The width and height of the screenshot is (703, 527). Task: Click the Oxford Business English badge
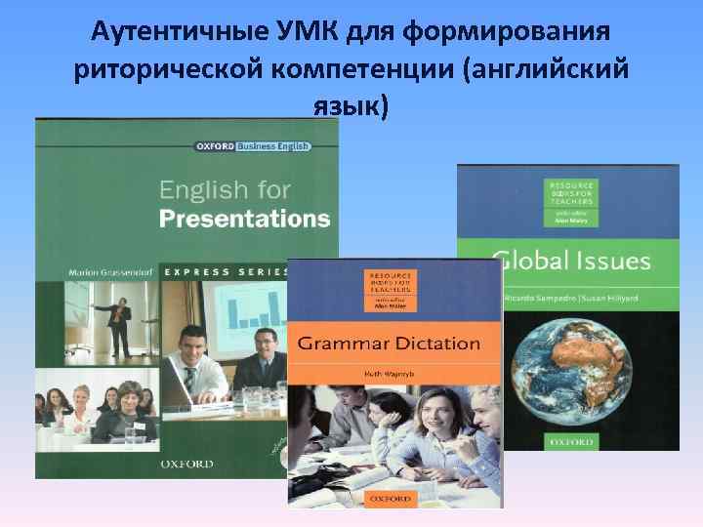253,146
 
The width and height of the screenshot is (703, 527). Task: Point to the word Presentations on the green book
244,218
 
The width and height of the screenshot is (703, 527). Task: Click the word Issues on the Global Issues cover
613,260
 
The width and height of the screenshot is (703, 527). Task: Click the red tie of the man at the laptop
190,373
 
